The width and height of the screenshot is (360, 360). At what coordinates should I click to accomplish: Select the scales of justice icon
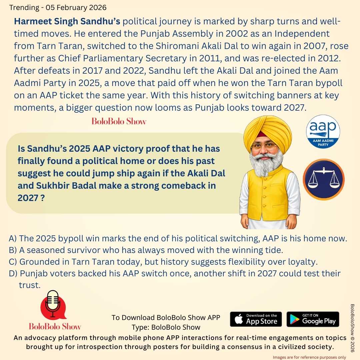pos(323,179)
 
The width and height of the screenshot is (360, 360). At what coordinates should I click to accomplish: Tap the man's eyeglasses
pos(264,146)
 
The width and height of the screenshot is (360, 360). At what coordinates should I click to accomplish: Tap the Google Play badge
pos(313,319)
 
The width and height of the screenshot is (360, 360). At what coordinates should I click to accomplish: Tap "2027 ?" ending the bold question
pos(31,198)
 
